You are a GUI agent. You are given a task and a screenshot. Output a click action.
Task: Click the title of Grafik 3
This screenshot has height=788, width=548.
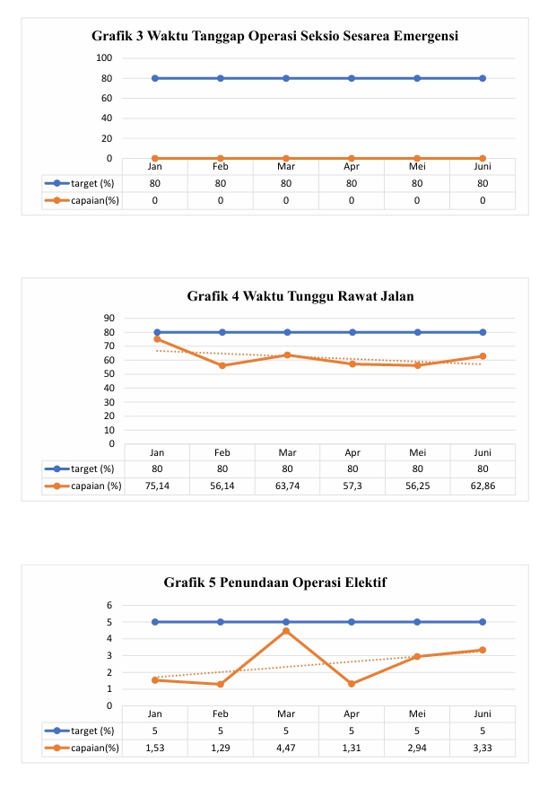(x=275, y=37)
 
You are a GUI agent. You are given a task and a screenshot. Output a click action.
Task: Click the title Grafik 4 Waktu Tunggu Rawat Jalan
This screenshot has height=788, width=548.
(x=300, y=296)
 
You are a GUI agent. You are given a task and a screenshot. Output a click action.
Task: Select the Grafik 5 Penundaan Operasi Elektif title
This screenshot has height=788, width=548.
(x=275, y=582)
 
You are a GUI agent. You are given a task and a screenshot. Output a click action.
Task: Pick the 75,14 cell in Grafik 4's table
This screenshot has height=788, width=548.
(x=157, y=486)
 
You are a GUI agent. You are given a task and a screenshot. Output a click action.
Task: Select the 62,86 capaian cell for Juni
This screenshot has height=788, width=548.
(x=483, y=486)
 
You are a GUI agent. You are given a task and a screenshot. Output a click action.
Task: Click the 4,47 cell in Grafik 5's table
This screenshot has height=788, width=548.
(x=287, y=747)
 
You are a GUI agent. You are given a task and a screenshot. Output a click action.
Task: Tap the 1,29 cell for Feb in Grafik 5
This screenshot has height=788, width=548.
(x=222, y=747)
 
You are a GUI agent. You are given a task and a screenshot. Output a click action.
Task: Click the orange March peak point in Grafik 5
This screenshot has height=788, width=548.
(x=286, y=631)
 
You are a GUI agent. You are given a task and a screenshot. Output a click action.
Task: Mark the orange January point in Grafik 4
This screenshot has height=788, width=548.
(x=157, y=339)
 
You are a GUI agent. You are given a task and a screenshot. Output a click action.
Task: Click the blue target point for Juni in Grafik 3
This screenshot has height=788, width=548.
(x=483, y=78)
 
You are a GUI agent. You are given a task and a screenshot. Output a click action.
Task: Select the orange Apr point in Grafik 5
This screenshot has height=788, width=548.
(x=352, y=684)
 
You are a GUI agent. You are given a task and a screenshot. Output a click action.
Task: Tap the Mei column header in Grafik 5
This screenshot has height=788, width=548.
(x=417, y=714)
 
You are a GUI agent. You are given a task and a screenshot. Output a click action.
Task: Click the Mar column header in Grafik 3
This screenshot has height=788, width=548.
(x=286, y=166)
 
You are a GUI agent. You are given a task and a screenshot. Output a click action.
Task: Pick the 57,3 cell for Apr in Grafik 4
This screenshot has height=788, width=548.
(x=352, y=486)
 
